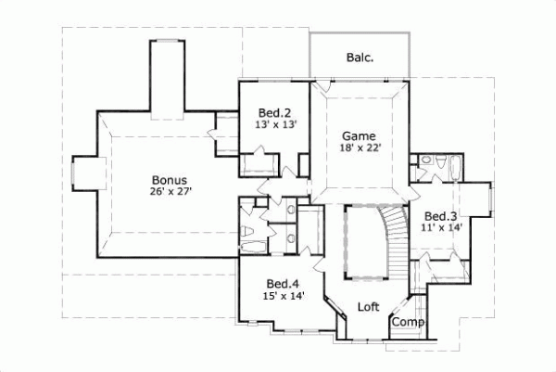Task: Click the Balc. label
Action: point(360,58)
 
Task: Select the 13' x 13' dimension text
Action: point(276,124)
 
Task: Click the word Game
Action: point(358,135)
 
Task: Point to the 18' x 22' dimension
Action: point(360,147)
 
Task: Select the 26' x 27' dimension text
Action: point(173,192)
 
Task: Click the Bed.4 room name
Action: point(282,284)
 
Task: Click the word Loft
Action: point(369,306)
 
